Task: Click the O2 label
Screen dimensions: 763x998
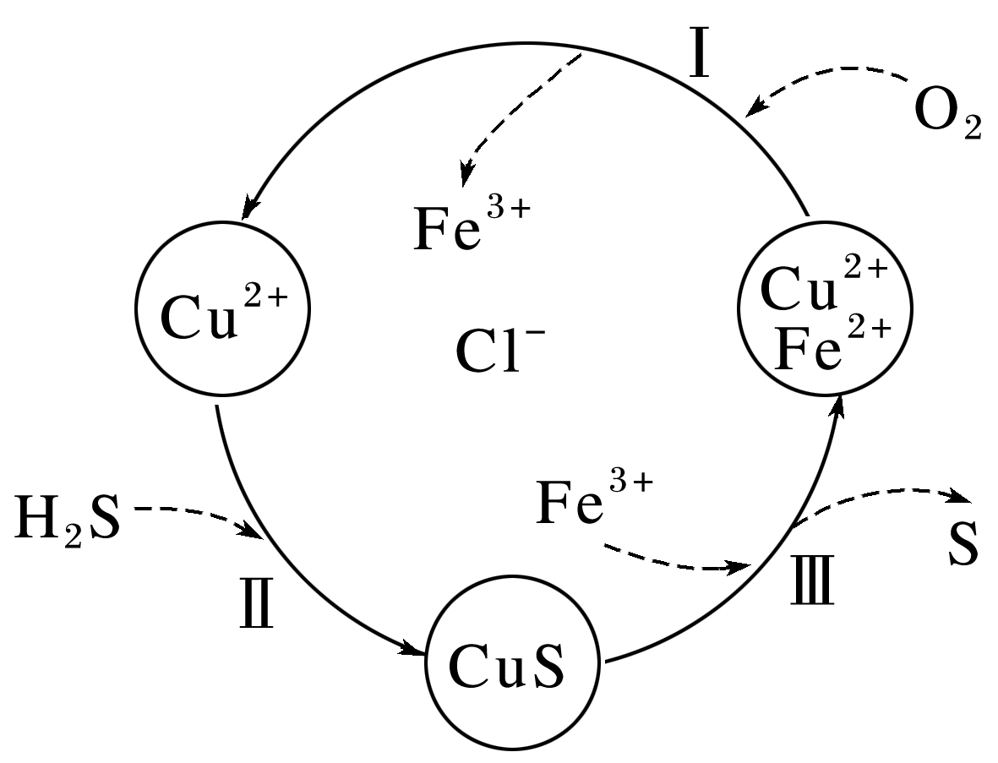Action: click(x=947, y=119)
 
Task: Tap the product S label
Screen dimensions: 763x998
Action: click(x=963, y=547)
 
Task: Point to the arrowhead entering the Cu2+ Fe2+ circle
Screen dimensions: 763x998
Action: click(x=837, y=408)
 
